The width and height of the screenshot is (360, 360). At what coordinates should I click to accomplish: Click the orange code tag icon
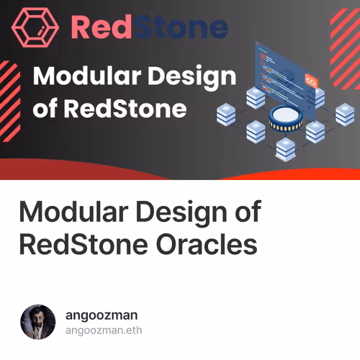tap(312, 81)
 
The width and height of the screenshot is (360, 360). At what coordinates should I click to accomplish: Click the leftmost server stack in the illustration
tap(227, 113)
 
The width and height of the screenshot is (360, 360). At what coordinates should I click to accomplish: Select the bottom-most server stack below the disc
tap(285, 148)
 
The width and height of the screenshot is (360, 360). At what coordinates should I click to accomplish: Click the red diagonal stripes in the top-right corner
tap(344, 29)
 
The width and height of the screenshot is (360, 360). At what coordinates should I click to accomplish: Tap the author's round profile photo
tap(38, 322)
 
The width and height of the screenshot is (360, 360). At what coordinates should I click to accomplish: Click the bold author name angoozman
tap(101, 315)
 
